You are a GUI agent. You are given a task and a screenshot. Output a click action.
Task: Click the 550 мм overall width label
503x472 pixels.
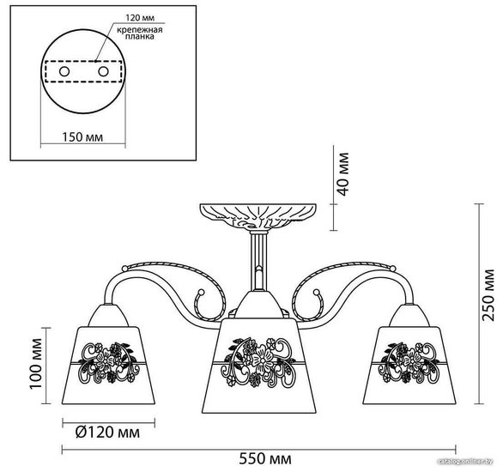point(265,459)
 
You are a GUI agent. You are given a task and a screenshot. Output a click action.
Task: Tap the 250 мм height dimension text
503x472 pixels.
point(488,294)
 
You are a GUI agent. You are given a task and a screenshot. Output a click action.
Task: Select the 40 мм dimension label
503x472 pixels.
point(342,174)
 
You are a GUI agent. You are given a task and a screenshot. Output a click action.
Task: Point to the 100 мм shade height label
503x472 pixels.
point(35,363)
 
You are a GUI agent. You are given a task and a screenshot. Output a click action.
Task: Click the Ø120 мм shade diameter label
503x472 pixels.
point(107,433)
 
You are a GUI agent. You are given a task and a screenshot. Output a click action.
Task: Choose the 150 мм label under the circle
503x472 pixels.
point(82,137)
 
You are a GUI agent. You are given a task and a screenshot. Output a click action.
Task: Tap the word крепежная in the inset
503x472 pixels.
point(140,30)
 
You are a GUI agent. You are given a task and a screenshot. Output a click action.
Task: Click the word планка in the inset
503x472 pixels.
point(140,37)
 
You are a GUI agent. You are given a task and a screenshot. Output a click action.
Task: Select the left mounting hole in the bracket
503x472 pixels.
point(64,71)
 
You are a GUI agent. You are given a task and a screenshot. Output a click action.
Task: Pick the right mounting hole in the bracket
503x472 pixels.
point(103,71)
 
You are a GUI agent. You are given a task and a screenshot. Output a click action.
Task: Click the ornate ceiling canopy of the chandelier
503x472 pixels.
point(258,215)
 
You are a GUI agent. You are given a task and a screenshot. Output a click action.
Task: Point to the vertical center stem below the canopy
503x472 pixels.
point(258,260)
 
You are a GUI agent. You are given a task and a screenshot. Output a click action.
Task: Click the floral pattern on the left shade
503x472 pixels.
point(109,363)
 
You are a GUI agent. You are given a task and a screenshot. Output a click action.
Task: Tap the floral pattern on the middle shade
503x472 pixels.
point(259,361)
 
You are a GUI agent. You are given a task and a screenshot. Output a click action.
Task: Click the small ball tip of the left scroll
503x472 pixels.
point(201,292)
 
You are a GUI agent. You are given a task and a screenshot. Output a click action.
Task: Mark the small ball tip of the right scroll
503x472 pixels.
point(316,292)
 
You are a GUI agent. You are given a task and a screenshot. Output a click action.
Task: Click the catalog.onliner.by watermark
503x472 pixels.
point(465,461)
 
